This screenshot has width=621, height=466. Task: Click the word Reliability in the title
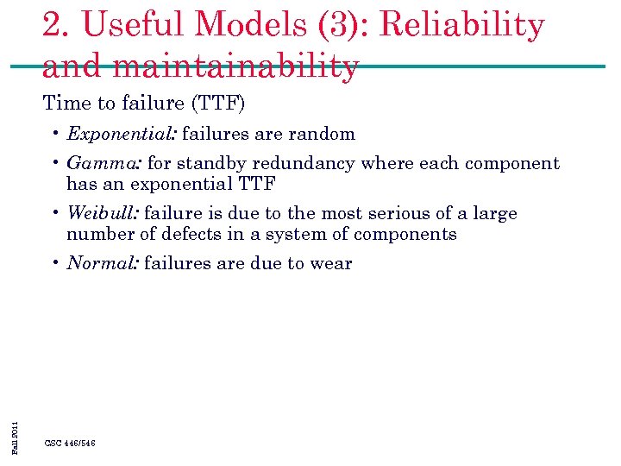[x=462, y=26]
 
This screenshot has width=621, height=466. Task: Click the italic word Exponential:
[x=122, y=134]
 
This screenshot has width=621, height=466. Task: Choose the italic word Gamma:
[x=104, y=163]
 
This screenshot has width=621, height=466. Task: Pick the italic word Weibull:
[x=103, y=213]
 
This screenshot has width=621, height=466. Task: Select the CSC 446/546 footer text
[x=70, y=443]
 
